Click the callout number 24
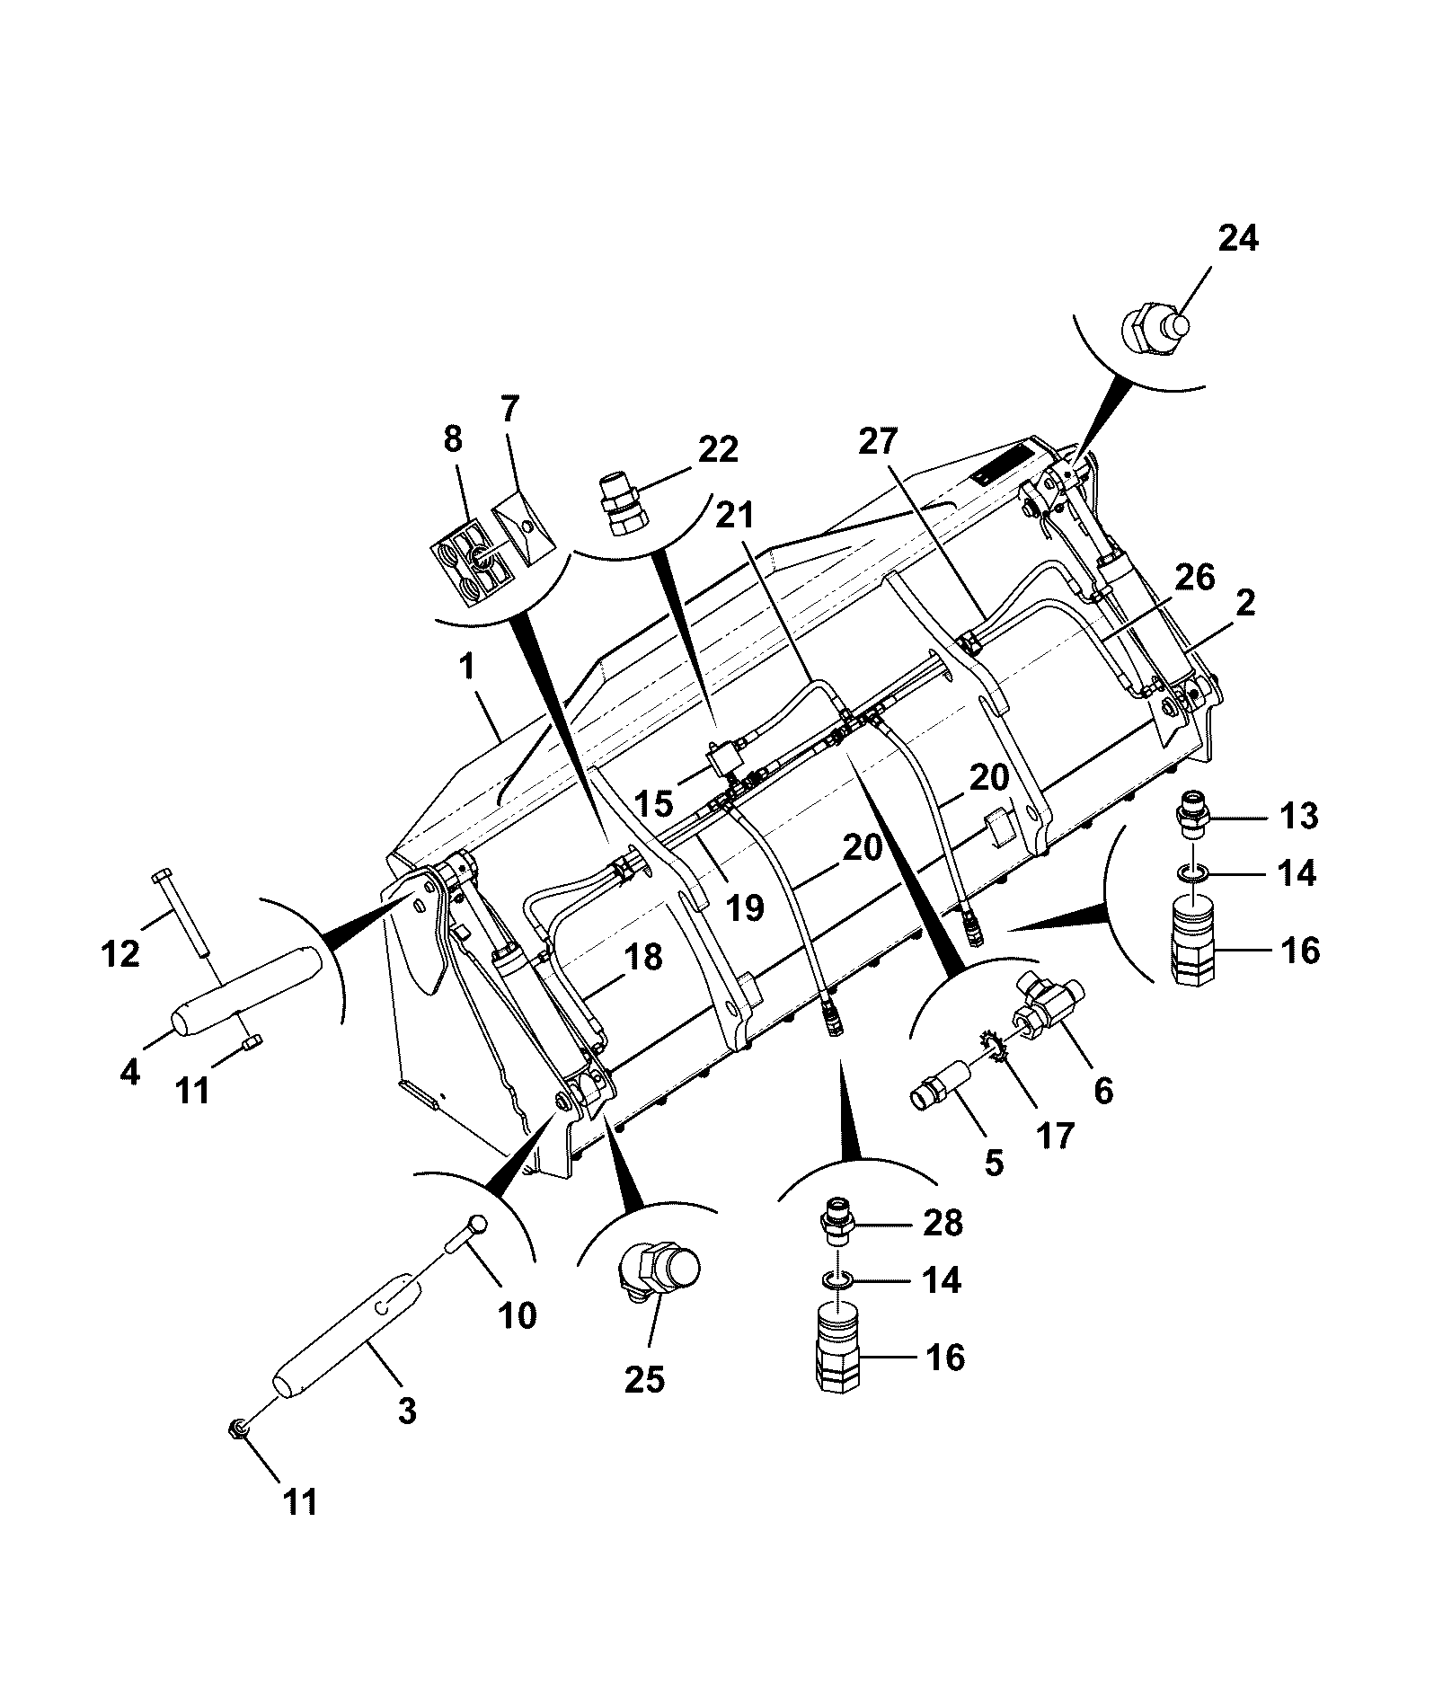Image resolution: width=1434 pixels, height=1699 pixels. pos(1238,240)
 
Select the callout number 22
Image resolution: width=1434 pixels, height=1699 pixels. pos(718,449)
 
